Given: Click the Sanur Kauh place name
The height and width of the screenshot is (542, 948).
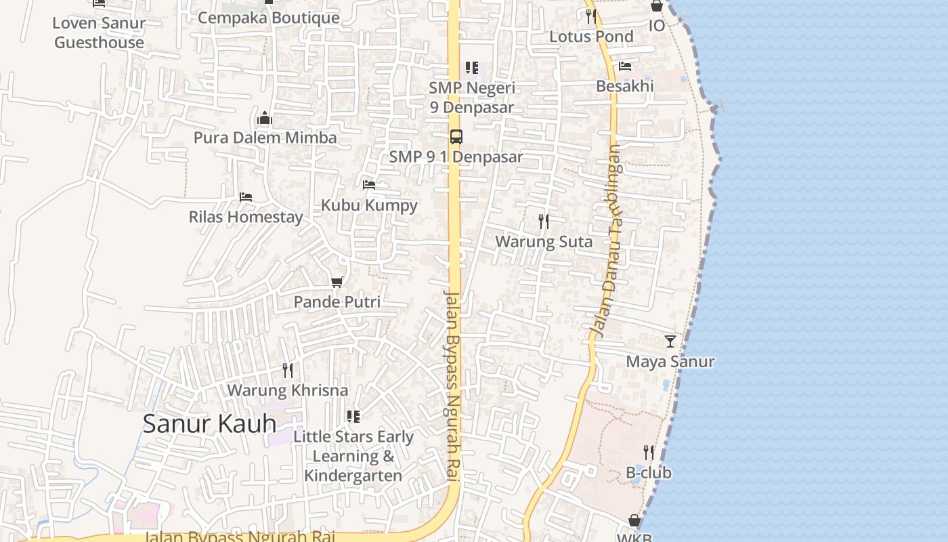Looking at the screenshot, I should click(x=209, y=423).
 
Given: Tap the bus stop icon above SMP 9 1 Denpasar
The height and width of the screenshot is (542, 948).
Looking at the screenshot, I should click(x=456, y=136).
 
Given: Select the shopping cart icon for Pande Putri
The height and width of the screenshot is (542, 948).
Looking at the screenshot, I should click(x=337, y=282).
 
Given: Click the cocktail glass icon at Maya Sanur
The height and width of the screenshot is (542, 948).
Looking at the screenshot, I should click(x=670, y=341).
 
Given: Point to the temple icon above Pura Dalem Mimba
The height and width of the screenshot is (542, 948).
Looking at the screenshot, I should click(x=265, y=118).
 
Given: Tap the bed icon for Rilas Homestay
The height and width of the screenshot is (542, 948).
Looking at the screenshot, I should click(x=246, y=197).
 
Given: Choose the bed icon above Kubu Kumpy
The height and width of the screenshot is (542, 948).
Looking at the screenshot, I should click(x=369, y=184).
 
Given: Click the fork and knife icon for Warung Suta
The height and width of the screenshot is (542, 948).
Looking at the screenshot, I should click(x=543, y=221).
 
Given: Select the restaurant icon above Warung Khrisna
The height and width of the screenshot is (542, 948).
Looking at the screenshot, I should click(x=288, y=370).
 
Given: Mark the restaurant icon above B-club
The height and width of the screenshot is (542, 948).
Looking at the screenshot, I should click(x=649, y=452).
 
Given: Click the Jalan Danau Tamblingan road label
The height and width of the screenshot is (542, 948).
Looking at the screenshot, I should click(x=606, y=241).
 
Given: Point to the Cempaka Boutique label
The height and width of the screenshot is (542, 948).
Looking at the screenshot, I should click(x=269, y=18).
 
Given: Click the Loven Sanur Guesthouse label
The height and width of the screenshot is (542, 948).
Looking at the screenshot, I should click(x=99, y=33).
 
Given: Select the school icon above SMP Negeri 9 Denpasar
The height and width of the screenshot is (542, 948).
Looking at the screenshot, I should click(x=472, y=68).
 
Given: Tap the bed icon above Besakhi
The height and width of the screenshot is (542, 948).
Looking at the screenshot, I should click(x=625, y=66).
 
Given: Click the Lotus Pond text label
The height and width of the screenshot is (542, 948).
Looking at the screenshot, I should click(x=591, y=37).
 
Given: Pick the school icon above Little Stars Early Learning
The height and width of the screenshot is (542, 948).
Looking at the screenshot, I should click(x=353, y=416).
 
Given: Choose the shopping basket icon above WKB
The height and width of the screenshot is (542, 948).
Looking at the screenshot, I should click(x=634, y=520).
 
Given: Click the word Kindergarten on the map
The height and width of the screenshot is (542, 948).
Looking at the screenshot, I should click(x=353, y=476).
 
